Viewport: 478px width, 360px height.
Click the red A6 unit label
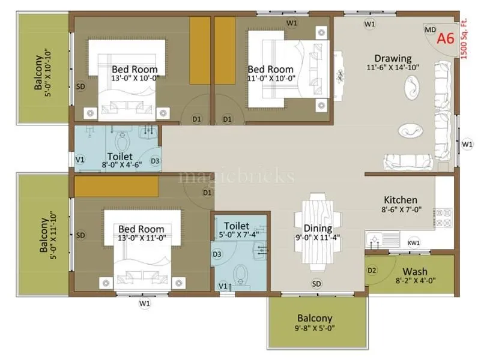[x=444, y=39]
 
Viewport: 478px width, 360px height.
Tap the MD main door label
[x=430, y=29]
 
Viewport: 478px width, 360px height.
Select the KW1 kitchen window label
[x=414, y=242]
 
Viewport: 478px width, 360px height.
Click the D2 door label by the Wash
[x=372, y=271]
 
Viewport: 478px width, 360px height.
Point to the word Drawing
[x=393, y=58]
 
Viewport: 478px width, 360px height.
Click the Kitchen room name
[x=401, y=200]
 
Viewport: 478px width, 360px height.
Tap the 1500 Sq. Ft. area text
[x=464, y=37]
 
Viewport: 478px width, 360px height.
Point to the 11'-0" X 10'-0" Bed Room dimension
[x=270, y=78]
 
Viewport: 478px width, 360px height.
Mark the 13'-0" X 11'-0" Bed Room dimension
[x=141, y=238]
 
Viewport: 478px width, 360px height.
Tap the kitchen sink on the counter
[x=374, y=241]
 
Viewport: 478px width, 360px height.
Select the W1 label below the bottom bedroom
[x=145, y=304]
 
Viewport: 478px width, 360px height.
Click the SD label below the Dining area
[x=316, y=284]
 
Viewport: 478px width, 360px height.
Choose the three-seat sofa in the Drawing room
[x=408, y=161]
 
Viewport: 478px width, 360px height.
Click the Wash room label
[x=414, y=271]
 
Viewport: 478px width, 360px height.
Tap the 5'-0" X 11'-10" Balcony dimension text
[x=54, y=235]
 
